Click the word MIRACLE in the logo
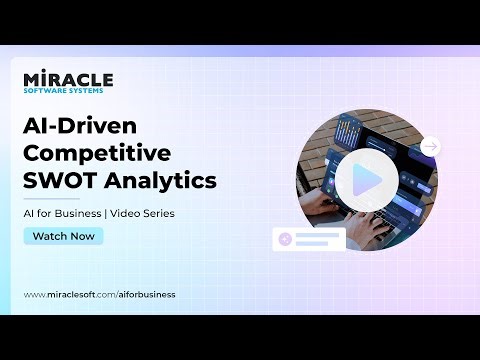point(68,79)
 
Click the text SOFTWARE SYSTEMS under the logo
point(63,91)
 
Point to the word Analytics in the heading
point(159,181)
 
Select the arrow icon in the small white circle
point(430,147)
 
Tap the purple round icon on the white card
point(286,238)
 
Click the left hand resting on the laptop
point(319,206)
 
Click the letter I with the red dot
point(38,78)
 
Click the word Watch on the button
point(49,237)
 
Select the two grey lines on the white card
point(317,238)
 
